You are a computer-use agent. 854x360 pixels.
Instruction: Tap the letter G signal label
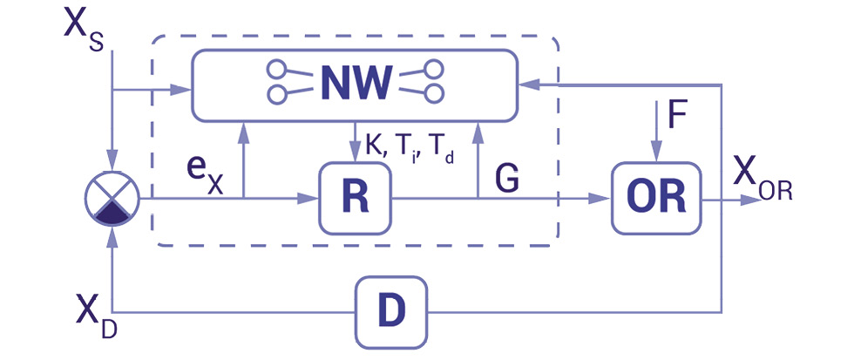click(x=507, y=178)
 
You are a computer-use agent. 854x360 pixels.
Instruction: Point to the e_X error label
click(x=206, y=170)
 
